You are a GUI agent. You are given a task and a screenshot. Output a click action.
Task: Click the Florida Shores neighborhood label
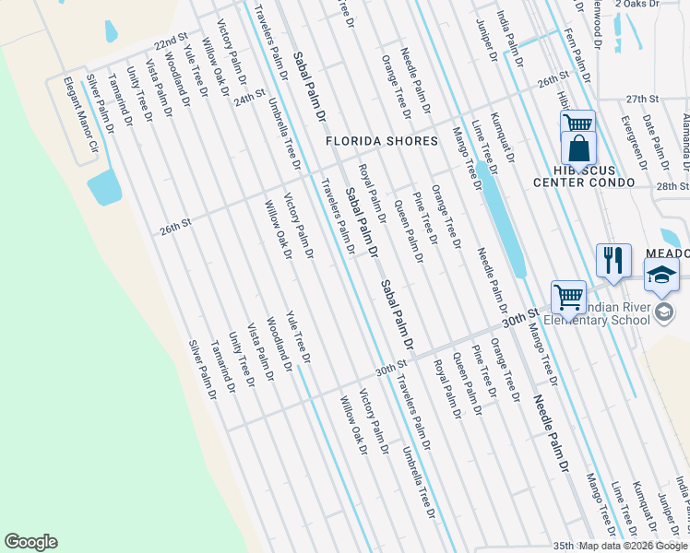point(381,141)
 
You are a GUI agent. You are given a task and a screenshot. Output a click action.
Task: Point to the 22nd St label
point(171,44)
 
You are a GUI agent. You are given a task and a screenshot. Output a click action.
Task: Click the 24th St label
point(250,97)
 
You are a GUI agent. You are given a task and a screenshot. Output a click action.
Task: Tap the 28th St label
point(671,186)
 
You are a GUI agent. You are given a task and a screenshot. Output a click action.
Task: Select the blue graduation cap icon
point(661,275)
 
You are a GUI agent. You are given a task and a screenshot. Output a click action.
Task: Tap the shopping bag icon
point(578,147)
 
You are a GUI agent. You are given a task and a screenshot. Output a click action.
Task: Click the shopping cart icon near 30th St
point(568,297)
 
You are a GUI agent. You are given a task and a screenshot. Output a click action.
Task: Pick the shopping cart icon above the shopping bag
point(577,123)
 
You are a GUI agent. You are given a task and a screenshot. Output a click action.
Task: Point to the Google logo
point(30,542)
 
